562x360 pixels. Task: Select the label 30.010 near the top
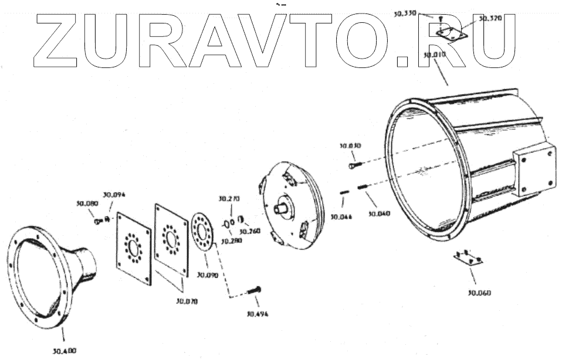tap(435, 55)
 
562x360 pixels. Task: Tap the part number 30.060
tap(479, 293)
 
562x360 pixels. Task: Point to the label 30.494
tap(257, 314)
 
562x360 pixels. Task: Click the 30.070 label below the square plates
tap(187, 301)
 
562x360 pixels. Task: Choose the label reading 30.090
tap(208, 274)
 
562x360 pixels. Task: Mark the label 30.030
tap(350, 145)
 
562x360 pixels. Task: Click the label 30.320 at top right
tap(490, 19)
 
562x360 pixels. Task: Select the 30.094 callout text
tap(114, 195)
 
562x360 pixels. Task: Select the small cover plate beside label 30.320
tap(452, 34)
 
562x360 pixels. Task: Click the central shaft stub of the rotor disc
tap(287, 205)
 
